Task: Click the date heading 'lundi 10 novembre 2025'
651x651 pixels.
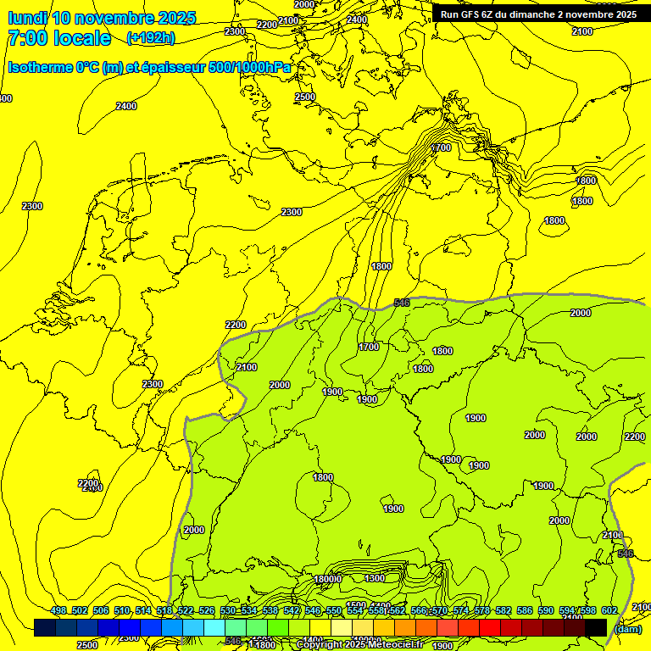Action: pos(102,18)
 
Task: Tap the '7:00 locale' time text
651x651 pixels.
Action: pos(58,38)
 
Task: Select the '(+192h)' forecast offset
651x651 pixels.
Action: pos(150,38)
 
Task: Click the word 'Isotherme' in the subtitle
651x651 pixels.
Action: pos(39,67)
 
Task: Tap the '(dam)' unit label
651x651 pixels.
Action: pos(626,628)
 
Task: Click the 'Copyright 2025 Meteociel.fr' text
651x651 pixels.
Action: pos(360,645)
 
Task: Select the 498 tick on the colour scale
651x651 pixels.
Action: pos(58,610)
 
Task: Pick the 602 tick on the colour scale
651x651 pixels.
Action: pos(609,610)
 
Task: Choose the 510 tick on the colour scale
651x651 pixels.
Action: pos(122,610)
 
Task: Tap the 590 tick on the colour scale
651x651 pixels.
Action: pos(546,610)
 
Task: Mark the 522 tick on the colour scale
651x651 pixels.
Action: pos(186,610)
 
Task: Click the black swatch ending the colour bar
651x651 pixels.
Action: pos(596,627)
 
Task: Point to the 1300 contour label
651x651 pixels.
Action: pos(375,578)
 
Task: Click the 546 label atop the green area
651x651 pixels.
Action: pos(402,303)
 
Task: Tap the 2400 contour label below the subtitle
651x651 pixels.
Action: pos(126,106)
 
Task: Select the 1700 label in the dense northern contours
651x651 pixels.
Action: pos(441,147)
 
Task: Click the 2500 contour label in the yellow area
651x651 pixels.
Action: pos(305,97)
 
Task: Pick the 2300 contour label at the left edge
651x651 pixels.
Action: pos(32,206)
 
